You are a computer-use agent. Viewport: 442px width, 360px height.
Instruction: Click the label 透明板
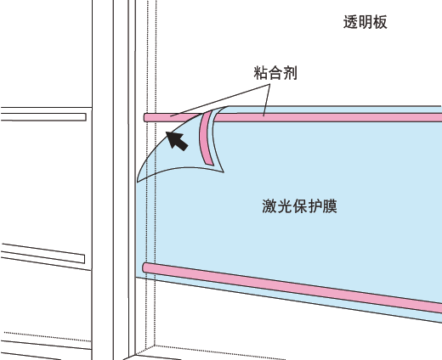(x=365, y=22)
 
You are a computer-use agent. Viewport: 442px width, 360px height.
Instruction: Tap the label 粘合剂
(x=275, y=73)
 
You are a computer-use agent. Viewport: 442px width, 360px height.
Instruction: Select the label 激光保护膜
(x=299, y=206)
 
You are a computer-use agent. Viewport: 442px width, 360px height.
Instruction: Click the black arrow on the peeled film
(x=177, y=141)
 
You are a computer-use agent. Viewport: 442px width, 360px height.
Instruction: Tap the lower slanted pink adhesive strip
(x=292, y=288)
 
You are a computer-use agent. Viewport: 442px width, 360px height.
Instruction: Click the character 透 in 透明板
(x=350, y=22)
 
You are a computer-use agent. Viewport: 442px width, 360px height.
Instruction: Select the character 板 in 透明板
(x=380, y=22)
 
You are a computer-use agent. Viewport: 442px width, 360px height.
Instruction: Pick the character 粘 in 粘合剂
(x=261, y=73)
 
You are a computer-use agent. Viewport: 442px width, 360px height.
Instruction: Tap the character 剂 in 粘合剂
(x=290, y=73)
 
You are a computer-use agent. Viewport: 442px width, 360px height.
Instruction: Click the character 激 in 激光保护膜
(x=269, y=206)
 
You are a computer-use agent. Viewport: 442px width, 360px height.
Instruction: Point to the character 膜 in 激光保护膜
(x=330, y=206)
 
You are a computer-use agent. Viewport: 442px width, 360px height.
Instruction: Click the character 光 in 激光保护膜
(x=285, y=206)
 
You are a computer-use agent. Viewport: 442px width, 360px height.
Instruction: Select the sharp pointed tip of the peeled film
(x=224, y=172)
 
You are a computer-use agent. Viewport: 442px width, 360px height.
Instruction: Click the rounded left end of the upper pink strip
(x=145, y=118)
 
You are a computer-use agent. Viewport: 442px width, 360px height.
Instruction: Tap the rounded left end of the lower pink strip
(x=144, y=267)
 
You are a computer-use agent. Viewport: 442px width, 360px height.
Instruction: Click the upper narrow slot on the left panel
(x=43, y=117)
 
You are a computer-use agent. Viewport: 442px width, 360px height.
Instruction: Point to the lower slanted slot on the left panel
(x=43, y=253)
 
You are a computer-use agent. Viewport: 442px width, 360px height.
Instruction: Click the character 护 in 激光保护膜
(x=314, y=206)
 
